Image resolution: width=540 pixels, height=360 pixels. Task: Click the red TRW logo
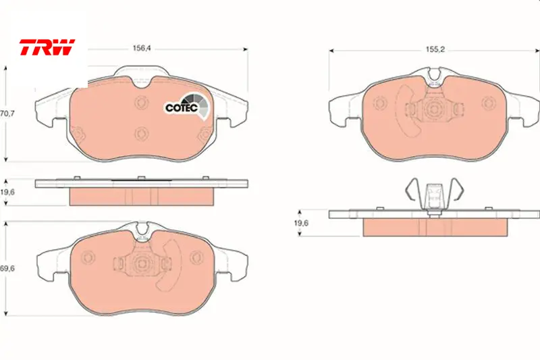point(47,47)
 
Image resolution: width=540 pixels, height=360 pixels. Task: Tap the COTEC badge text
point(182,107)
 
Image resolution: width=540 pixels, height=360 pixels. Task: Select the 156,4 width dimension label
point(142,49)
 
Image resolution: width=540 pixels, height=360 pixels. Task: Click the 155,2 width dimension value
point(435,49)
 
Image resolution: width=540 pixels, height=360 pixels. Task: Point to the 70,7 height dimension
point(7,113)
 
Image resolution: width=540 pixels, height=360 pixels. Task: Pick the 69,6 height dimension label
point(7,268)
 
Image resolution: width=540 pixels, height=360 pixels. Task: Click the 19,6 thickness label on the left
point(7,192)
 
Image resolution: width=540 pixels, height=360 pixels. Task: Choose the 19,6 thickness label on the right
point(301,223)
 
